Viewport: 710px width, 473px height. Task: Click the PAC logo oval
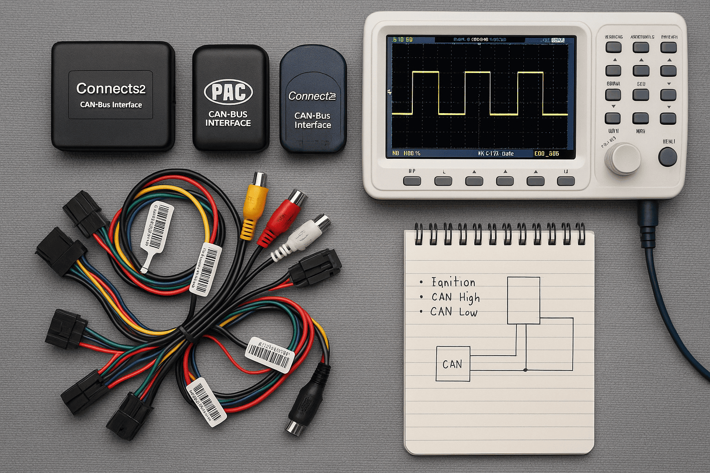tap(228, 92)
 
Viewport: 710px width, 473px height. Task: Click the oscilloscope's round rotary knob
tap(623, 159)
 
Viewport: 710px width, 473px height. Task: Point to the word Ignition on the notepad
tap(453, 282)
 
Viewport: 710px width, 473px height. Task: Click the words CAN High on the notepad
tap(455, 297)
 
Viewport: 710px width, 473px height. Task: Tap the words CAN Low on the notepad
tap(453, 312)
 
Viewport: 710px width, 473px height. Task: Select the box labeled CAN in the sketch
tap(453, 364)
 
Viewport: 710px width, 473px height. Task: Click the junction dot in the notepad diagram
tap(526, 370)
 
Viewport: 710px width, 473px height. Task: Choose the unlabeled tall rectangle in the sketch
tap(523, 300)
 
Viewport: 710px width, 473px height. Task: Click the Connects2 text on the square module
tap(111, 88)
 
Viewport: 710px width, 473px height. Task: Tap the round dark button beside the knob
tap(667, 157)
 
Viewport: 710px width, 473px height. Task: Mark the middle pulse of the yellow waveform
tap(477, 92)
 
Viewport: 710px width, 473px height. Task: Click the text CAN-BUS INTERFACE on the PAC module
tap(228, 119)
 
